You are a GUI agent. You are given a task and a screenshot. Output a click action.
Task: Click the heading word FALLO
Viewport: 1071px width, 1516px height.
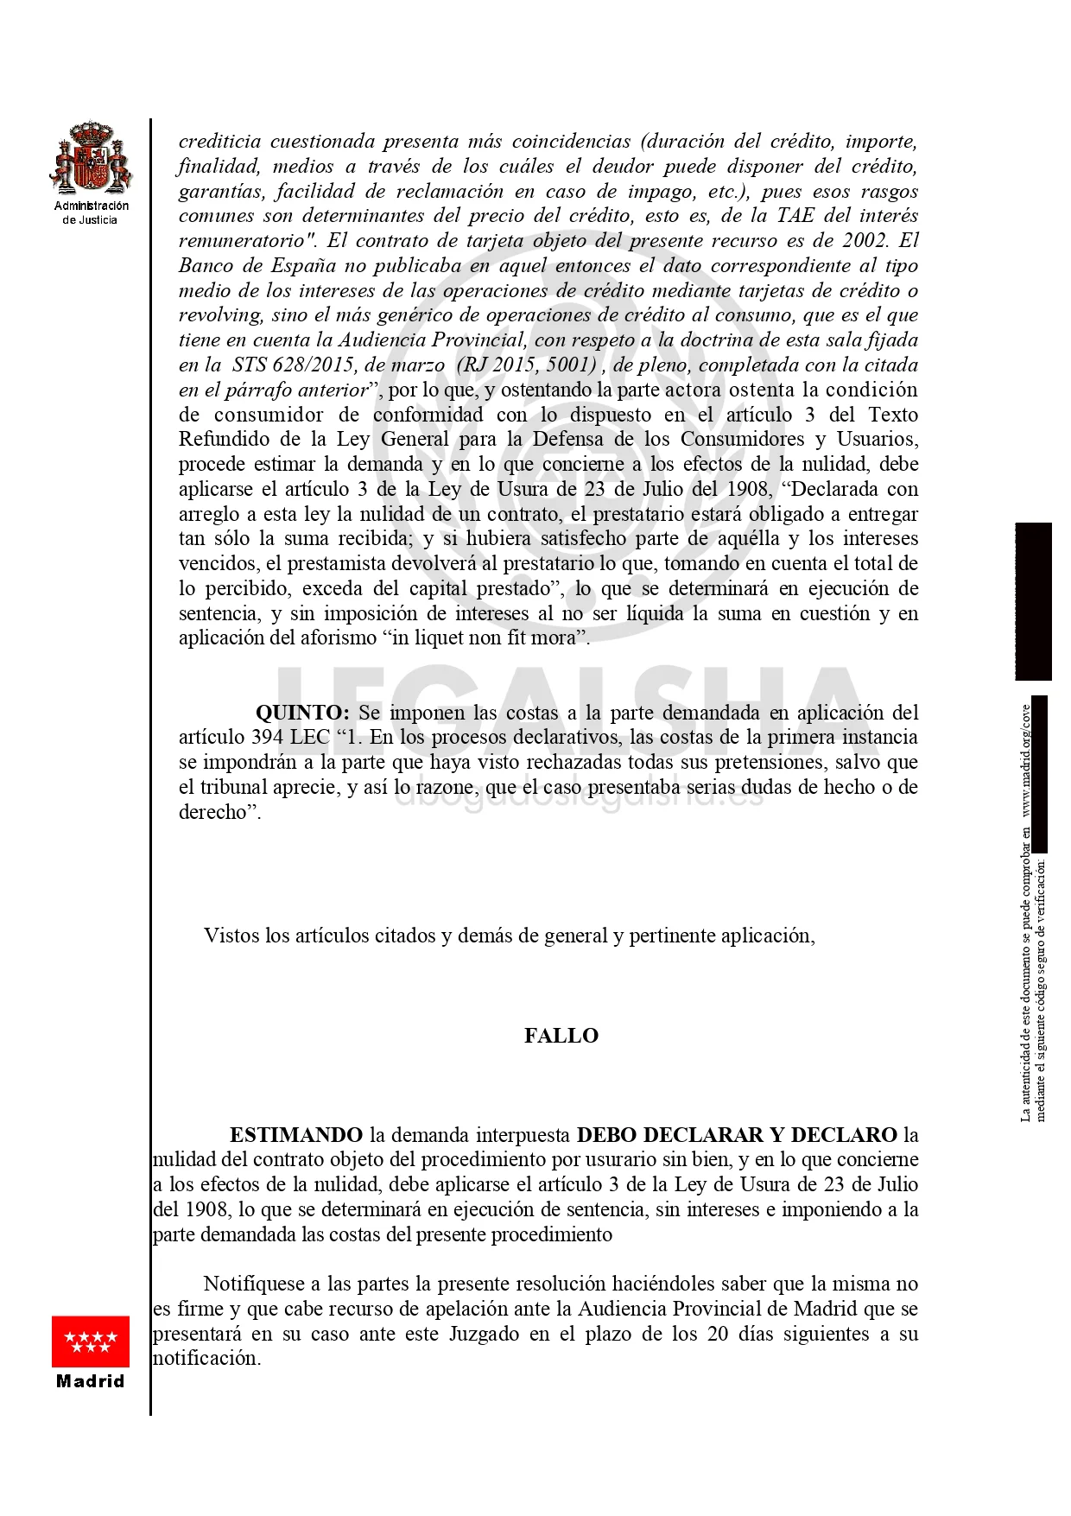561,1036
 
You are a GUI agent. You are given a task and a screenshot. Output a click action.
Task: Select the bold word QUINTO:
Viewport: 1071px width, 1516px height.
302,713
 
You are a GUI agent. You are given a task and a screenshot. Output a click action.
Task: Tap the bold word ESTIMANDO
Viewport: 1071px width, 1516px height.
296,1135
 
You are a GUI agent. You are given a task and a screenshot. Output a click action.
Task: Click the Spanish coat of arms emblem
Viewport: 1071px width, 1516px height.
91,158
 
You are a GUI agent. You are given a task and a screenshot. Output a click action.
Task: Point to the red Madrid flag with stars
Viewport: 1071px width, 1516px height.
91,1342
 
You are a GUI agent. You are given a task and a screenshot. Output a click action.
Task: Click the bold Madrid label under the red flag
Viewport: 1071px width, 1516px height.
91,1381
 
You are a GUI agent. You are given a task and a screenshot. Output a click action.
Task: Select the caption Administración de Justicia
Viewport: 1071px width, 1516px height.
91,212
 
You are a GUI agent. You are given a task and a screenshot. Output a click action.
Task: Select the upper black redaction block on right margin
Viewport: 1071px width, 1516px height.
1033,601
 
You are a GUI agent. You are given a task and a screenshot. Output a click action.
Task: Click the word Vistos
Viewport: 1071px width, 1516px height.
231,936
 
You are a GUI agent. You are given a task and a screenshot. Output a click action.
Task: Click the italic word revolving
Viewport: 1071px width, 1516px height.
219,315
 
